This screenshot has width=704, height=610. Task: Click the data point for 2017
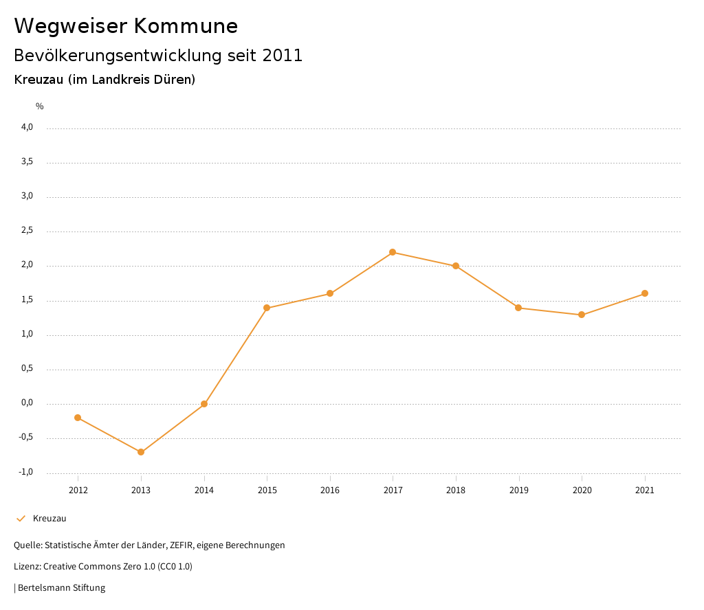coord(393,252)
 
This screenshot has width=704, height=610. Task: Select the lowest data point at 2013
coord(141,452)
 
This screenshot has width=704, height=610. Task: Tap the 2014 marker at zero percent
coord(204,404)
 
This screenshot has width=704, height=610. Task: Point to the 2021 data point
coord(645,293)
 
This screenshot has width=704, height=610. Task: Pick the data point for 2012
coord(78,418)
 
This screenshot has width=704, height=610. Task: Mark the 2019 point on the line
coord(518,308)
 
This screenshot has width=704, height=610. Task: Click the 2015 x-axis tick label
coord(267,490)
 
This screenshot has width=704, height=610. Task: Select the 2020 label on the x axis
coord(582,490)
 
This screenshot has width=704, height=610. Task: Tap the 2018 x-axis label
coord(456,490)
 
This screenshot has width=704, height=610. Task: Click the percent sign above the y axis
coord(40,106)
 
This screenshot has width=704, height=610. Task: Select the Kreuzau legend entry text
coord(49,519)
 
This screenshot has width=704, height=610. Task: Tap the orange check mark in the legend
coord(21,519)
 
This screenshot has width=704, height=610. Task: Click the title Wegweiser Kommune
coord(126,26)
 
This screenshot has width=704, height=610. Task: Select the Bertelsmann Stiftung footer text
coord(61,588)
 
